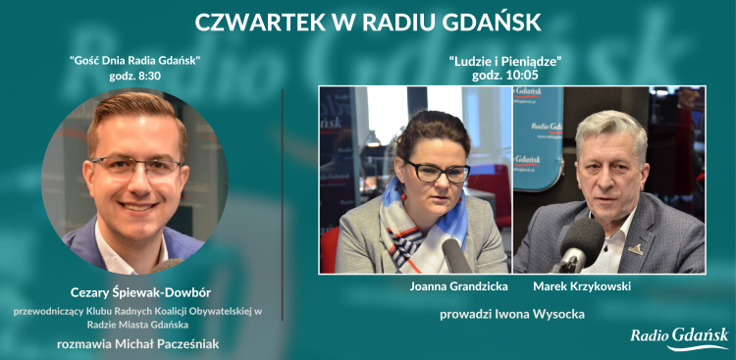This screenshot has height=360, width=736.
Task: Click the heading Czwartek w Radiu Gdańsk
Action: pyautogui.click(x=368, y=23)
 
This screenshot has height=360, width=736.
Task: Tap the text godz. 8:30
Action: pyautogui.click(x=135, y=76)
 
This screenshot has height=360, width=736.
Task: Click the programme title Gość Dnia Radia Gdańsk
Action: pyautogui.click(x=135, y=61)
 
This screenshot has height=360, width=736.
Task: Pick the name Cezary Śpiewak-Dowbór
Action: pyautogui.click(x=135, y=292)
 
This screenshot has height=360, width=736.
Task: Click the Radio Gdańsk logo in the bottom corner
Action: pyautogui.click(x=679, y=338)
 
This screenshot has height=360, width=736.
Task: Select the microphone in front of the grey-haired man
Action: pyautogui.click(x=578, y=244)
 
